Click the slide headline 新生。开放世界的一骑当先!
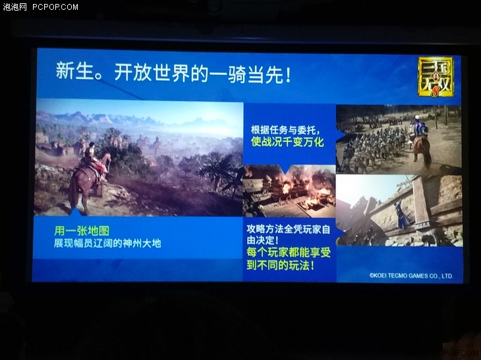(173, 73)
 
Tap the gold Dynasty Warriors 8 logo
(436, 77)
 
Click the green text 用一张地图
(82, 231)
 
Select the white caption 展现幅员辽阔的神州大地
(107, 243)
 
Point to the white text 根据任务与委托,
(286, 130)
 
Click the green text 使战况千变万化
(287, 142)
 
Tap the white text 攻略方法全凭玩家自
(289, 229)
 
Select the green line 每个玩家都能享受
(289, 253)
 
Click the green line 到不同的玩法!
(281, 265)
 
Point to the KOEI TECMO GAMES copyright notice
(411, 276)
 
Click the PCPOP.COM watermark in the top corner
(55, 7)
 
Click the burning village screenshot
(289, 191)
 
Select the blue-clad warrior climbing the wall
(402, 215)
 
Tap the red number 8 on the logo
(435, 91)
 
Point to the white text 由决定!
(263, 240)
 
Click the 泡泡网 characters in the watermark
(14, 7)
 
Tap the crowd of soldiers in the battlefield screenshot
(374, 144)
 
